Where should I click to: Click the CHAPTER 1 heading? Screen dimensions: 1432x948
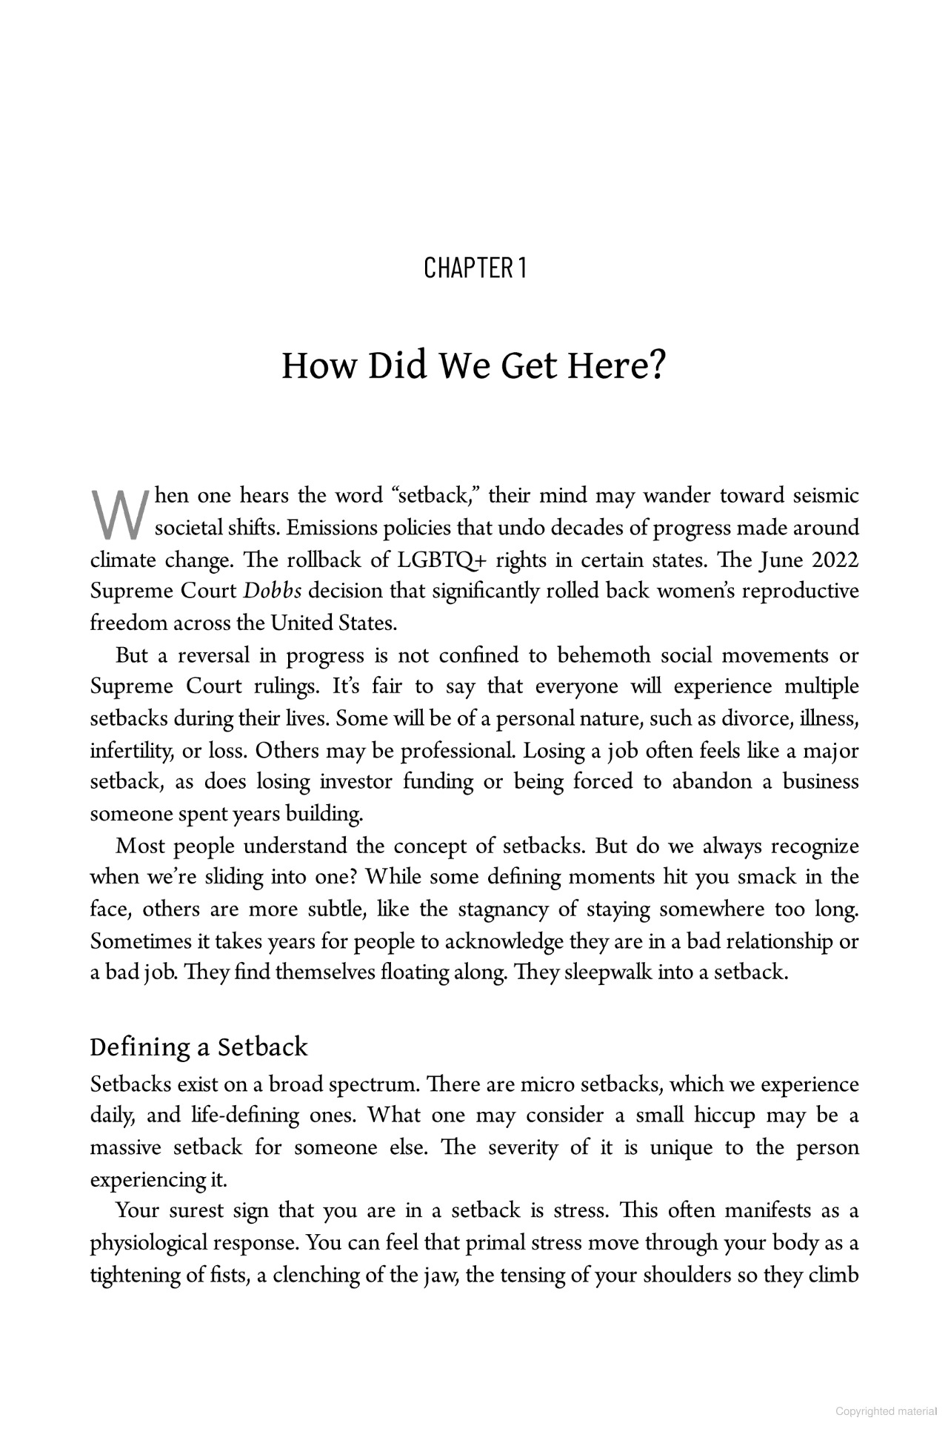pyautogui.click(x=475, y=268)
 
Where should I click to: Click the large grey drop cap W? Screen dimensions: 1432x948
pyautogui.click(x=117, y=514)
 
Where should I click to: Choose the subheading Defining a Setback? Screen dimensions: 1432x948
pyautogui.click(x=198, y=1047)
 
